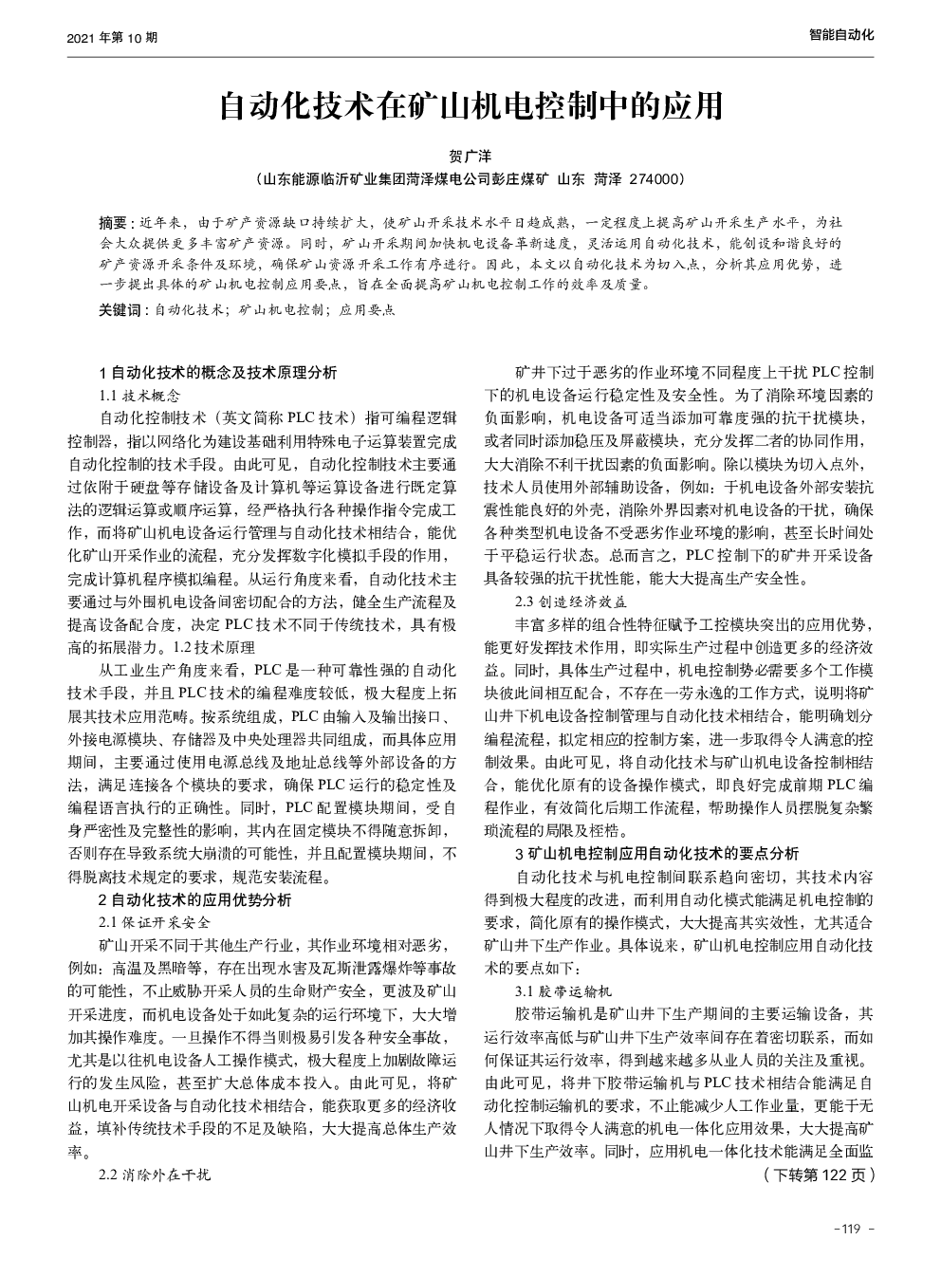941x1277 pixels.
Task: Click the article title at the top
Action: pyautogui.click(x=470, y=106)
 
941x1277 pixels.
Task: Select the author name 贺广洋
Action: pyautogui.click(x=470, y=156)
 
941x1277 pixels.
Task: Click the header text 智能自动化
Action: pyautogui.click(x=840, y=35)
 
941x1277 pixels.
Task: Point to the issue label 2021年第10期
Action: pyautogui.click(x=101, y=38)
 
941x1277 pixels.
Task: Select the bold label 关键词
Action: pyautogui.click(x=119, y=310)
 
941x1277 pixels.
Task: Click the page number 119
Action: pyautogui.click(x=849, y=1230)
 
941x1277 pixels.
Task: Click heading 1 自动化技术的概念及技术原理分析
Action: pyautogui.click(x=217, y=373)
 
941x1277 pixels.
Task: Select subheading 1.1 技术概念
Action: pyautogui.click(x=138, y=395)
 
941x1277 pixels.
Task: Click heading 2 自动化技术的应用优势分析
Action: pyautogui.click(x=194, y=899)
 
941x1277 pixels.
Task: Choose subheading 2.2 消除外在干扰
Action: pyautogui.click(x=154, y=1175)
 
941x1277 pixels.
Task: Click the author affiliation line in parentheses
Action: pyautogui.click(x=470, y=178)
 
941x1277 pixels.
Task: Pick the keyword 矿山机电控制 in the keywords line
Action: pyautogui.click(x=282, y=310)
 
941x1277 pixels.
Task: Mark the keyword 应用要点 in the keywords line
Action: pyautogui.click(x=367, y=310)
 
